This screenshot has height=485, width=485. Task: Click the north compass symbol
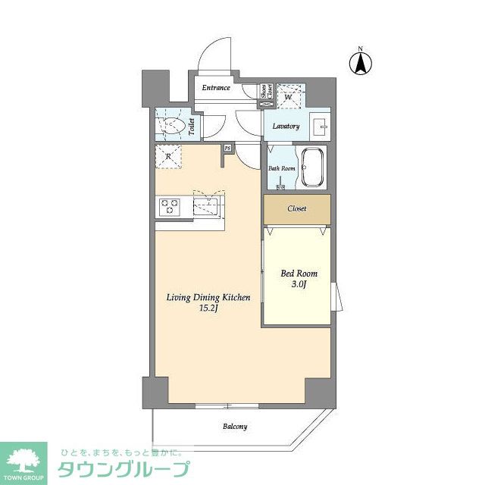(361, 64)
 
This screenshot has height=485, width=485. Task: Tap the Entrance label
(216, 88)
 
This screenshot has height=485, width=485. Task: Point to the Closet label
(297, 208)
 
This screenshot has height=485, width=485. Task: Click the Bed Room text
(299, 274)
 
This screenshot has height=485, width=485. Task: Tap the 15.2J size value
(208, 309)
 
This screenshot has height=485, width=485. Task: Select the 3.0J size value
(299, 284)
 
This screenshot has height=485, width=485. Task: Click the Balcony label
(235, 427)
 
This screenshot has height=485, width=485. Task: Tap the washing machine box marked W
(289, 96)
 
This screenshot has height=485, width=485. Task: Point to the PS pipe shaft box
(227, 148)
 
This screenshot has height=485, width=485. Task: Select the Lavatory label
(285, 127)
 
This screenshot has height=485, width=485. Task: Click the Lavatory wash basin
(319, 124)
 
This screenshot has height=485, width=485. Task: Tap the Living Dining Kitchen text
(208, 298)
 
